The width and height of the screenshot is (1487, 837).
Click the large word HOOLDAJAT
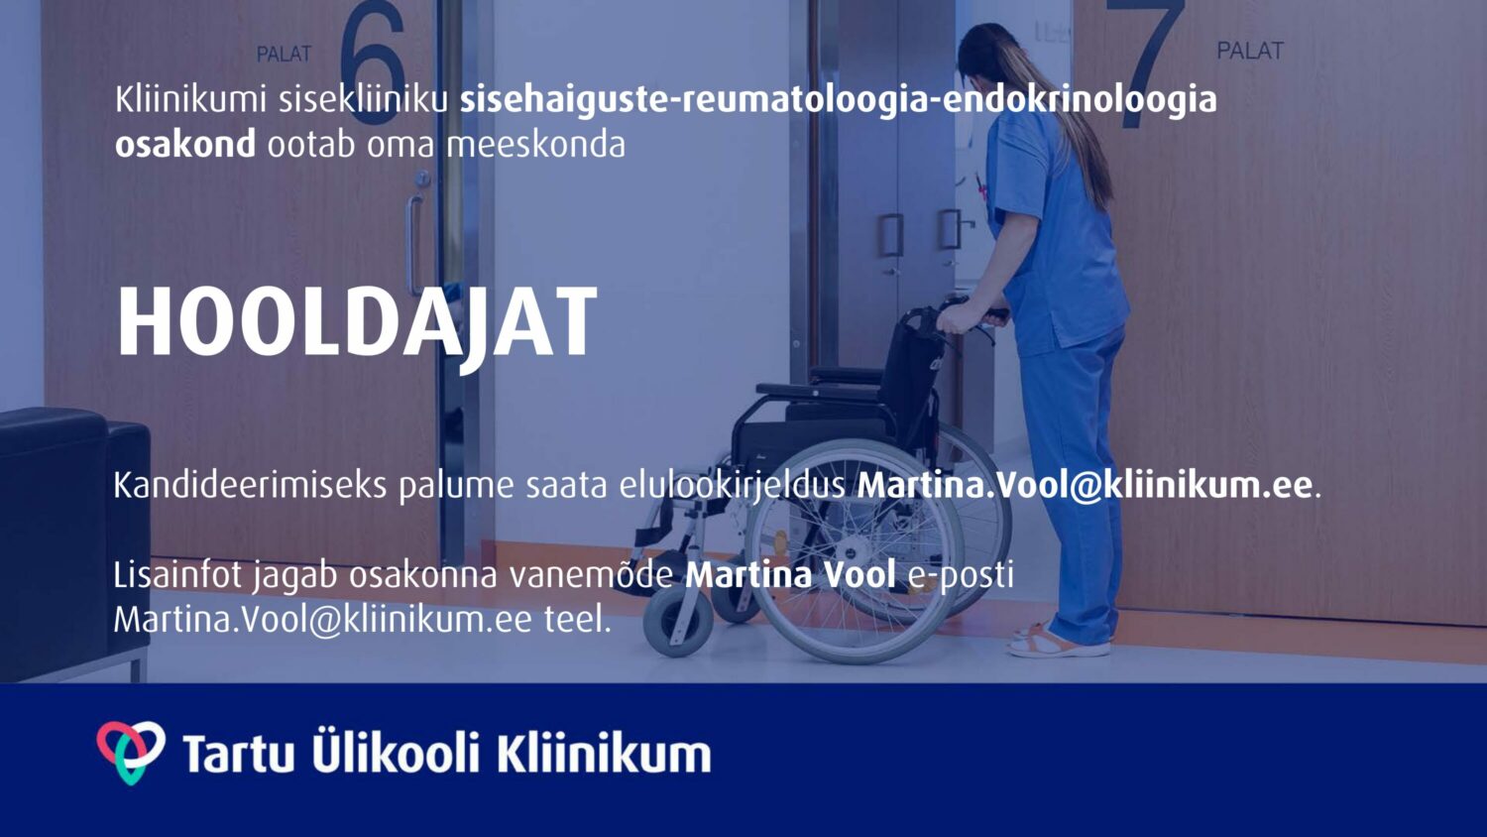tap(357, 324)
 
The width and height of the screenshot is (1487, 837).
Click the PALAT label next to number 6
tap(285, 54)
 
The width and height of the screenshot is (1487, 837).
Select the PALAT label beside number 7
tap(1250, 51)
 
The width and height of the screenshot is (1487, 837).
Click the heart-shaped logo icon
tap(131, 752)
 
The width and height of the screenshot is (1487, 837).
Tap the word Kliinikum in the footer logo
tap(604, 754)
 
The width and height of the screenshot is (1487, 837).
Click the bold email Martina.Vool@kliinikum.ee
tap(1085, 486)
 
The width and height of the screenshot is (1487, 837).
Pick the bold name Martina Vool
tap(790, 575)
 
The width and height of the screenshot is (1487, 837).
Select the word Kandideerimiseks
tap(250, 486)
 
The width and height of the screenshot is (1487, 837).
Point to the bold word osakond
tap(185, 144)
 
